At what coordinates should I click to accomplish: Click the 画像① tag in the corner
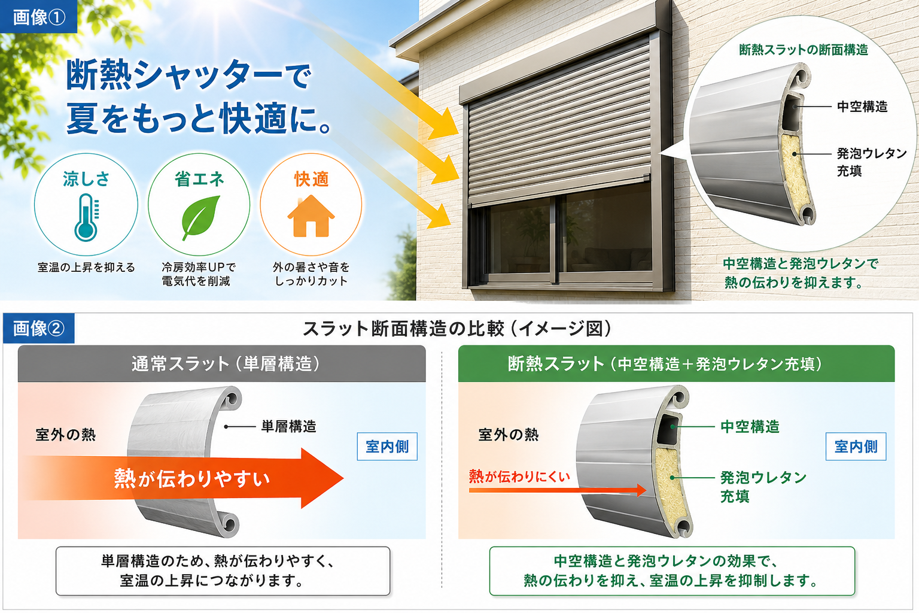pyautogui.click(x=38, y=16)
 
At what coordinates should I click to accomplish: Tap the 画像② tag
pyautogui.click(x=38, y=328)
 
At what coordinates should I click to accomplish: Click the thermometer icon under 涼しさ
pyautogui.click(x=86, y=217)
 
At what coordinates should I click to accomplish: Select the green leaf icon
pyautogui.click(x=200, y=217)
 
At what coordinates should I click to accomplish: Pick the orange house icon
pyautogui.click(x=311, y=216)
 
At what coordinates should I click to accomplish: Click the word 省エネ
pyautogui.click(x=199, y=179)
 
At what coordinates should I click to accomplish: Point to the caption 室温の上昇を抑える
pyautogui.click(x=86, y=268)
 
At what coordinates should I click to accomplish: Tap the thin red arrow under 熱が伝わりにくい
pyautogui.click(x=558, y=490)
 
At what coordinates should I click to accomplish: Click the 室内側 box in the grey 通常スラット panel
pyautogui.click(x=387, y=447)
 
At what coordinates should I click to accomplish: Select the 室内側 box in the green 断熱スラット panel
pyautogui.click(x=856, y=447)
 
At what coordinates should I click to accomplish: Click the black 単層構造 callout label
pyautogui.click(x=289, y=427)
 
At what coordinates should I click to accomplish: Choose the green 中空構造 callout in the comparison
pyautogui.click(x=750, y=427)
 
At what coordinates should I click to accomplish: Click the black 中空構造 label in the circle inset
pyautogui.click(x=862, y=107)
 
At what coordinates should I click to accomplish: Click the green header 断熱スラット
pyautogui.click(x=677, y=364)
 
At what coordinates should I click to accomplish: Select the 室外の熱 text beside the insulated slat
pyautogui.click(x=509, y=435)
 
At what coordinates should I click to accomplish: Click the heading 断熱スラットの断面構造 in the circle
pyautogui.click(x=804, y=50)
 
